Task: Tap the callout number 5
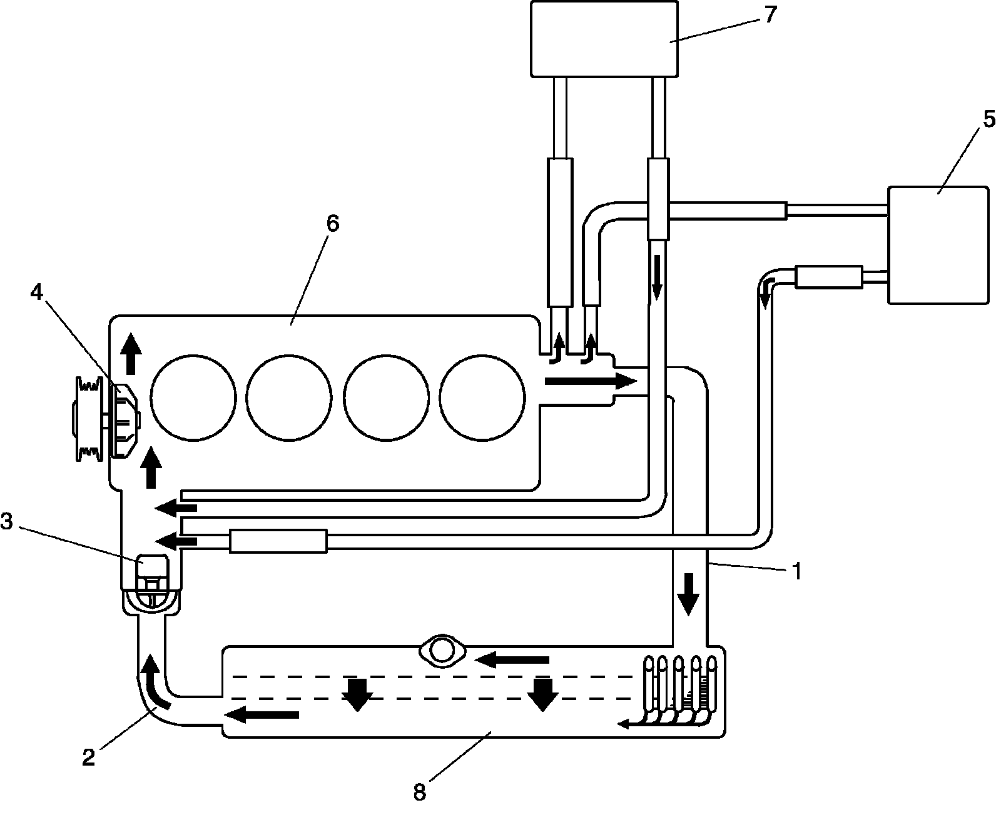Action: pos(988,119)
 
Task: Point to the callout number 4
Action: pos(38,292)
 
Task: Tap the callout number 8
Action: pos(419,792)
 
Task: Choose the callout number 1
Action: pos(796,571)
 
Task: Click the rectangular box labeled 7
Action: pos(604,39)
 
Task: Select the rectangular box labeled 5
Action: pos(938,245)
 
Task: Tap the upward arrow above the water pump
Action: pos(131,352)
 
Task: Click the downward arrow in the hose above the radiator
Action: pos(689,593)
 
